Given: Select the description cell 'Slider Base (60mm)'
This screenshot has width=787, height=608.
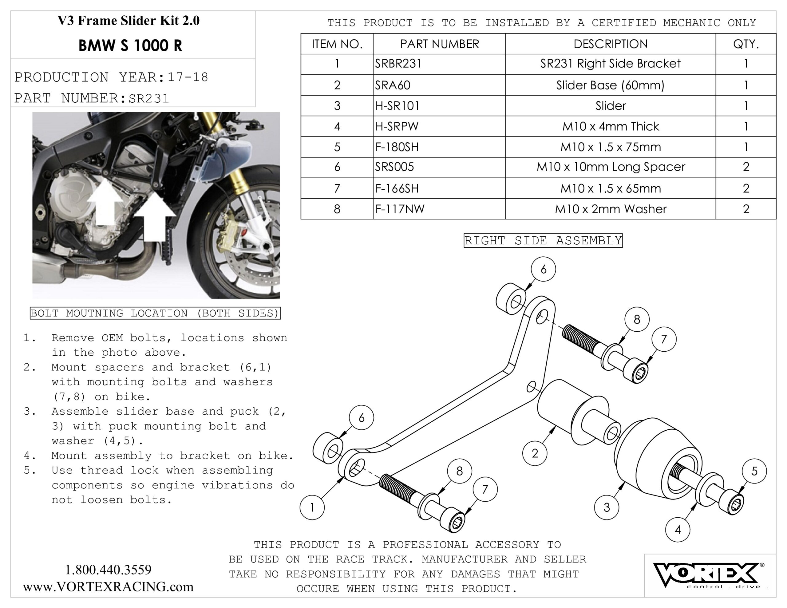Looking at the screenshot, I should point(610,85).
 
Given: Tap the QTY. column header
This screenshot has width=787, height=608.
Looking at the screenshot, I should point(745,44).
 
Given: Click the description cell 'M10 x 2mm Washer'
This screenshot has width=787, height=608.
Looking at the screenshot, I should point(610,209).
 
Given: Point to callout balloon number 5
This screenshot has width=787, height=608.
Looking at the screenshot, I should point(754,471).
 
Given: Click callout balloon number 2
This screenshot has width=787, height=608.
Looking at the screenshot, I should point(535,453).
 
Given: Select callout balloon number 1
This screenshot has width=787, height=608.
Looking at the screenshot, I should point(312,507).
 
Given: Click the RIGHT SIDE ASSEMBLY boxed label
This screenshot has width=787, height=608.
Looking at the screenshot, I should point(543,240).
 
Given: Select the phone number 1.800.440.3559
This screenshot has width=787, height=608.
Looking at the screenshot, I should point(108,570).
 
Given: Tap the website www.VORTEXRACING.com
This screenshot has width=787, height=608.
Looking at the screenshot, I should point(108,587).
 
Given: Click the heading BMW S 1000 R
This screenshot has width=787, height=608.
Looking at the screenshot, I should point(130,46).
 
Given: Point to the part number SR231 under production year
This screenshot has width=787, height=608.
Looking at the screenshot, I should point(149,98).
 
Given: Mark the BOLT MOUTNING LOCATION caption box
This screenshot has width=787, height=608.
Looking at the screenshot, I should point(155,313).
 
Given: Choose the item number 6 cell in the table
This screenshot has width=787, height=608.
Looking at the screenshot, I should point(337,167).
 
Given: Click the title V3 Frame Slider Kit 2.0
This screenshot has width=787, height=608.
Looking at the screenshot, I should point(128,21).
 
